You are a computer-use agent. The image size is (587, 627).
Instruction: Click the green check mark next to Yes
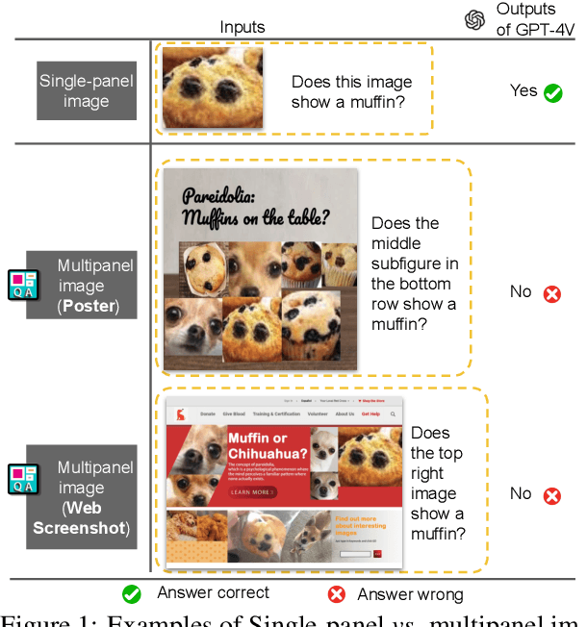click(x=552, y=92)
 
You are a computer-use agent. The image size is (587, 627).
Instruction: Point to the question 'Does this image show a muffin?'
click(x=351, y=92)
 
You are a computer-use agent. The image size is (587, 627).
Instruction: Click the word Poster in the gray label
click(x=85, y=308)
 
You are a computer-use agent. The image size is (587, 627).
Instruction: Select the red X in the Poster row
click(x=551, y=293)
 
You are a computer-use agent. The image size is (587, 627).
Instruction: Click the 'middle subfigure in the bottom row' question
click(x=414, y=274)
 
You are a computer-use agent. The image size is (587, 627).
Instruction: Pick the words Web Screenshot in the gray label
click(x=82, y=517)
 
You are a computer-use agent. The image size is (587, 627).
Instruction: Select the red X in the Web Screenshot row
click(x=551, y=495)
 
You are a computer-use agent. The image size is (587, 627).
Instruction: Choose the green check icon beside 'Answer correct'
click(x=132, y=594)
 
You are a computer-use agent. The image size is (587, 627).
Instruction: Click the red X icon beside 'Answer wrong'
click(x=337, y=594)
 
